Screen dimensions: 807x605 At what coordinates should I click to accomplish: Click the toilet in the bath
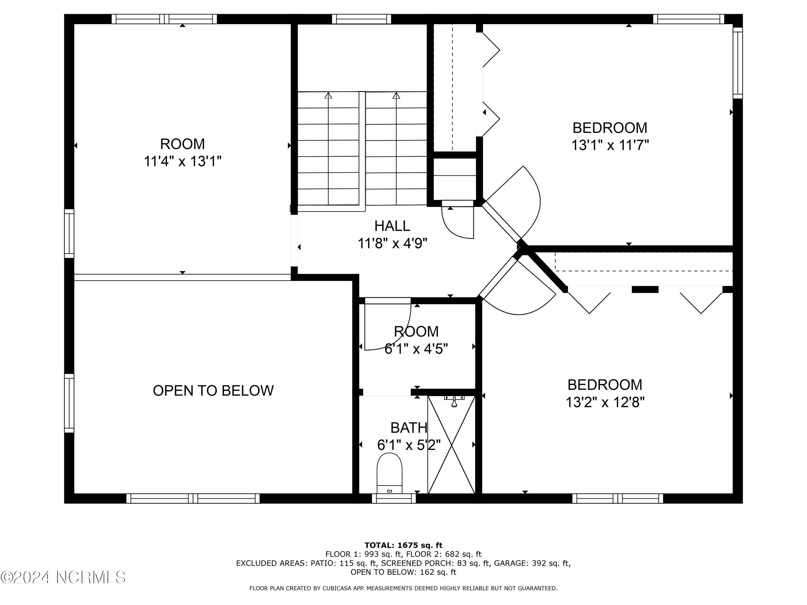[389, 473]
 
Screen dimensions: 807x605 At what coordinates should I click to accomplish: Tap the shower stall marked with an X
[452, 444]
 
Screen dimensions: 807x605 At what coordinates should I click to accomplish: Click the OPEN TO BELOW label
[213, 391]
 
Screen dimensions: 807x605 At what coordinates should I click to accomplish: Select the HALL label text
[392, 226]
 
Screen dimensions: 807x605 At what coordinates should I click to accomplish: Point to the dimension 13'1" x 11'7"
[610, 145]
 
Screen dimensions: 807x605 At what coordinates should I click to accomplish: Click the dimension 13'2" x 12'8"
[605, 402]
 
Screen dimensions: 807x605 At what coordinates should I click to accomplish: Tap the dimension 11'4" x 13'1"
[182, 161]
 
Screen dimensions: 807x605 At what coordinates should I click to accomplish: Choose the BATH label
[409, 428]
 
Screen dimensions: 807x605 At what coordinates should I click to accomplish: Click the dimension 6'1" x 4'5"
[416, 349]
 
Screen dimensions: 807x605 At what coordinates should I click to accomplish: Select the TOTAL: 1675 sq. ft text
[403, 545]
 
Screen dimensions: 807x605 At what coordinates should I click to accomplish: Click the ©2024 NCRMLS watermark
[63, 577]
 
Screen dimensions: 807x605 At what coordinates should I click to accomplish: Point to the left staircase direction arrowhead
[328, 95]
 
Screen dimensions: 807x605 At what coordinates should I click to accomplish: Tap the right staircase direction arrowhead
[396, 95]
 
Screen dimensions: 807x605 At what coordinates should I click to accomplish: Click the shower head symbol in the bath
[454, 401]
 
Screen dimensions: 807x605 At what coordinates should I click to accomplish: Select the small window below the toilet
[394, 499]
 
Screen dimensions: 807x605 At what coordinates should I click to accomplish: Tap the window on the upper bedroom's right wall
[738, 63]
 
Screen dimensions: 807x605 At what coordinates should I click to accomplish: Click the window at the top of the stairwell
[362, 19]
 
